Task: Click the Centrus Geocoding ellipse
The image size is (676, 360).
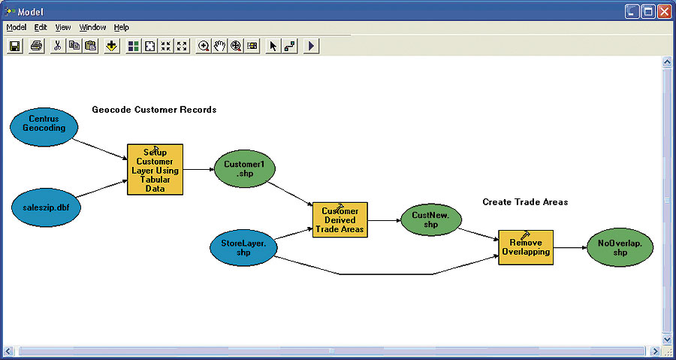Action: click(x=44, y=124)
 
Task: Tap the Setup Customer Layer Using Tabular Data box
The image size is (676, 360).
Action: click(x=155, y=169)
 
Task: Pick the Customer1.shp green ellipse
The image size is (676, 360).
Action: click(x=244, y=169)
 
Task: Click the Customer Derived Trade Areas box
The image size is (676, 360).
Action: click(x=340, y=219)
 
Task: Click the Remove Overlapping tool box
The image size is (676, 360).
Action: click(x=525, y=247)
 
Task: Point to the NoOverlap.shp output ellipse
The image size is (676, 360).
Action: click(x=620, y=247)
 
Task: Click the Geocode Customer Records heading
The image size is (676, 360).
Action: click(x=154, y=110)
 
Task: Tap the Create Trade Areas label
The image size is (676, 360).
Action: click(x=525, y=202)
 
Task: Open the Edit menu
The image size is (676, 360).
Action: click(x=41, y=27)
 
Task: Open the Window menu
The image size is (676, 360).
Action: click(x=92, y=27)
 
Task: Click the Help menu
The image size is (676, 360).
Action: click(x=121, y=27)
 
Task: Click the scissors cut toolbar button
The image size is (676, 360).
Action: click(x=57, y=46)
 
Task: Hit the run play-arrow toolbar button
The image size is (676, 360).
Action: click(x=312, y=46)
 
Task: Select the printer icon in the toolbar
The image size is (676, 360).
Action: click(x=35, y=46)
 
